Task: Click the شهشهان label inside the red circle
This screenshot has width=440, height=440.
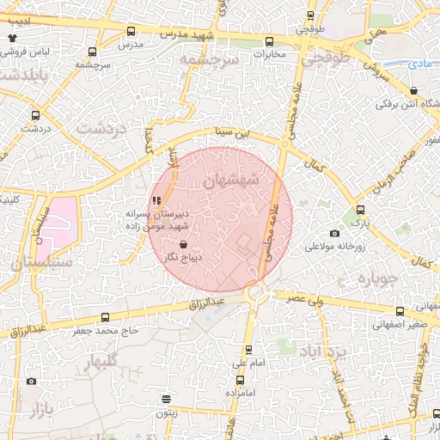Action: (232, 181)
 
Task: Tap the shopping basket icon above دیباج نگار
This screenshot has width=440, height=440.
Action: (184, 245)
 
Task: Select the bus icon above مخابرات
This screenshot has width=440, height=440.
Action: (270, 41)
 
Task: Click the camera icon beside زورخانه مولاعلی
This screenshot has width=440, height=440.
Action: (334, 234)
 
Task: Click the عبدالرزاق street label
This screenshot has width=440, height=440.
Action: (205, 304)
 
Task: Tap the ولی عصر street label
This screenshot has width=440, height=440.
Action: (308, 296)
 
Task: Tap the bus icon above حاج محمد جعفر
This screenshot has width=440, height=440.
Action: (105, 317)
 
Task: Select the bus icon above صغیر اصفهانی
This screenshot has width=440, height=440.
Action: (399, 312)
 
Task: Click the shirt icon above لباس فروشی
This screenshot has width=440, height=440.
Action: (12, 38)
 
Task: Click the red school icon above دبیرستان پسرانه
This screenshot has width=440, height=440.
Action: (156, 202)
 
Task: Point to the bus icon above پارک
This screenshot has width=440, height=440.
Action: (361, 210)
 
